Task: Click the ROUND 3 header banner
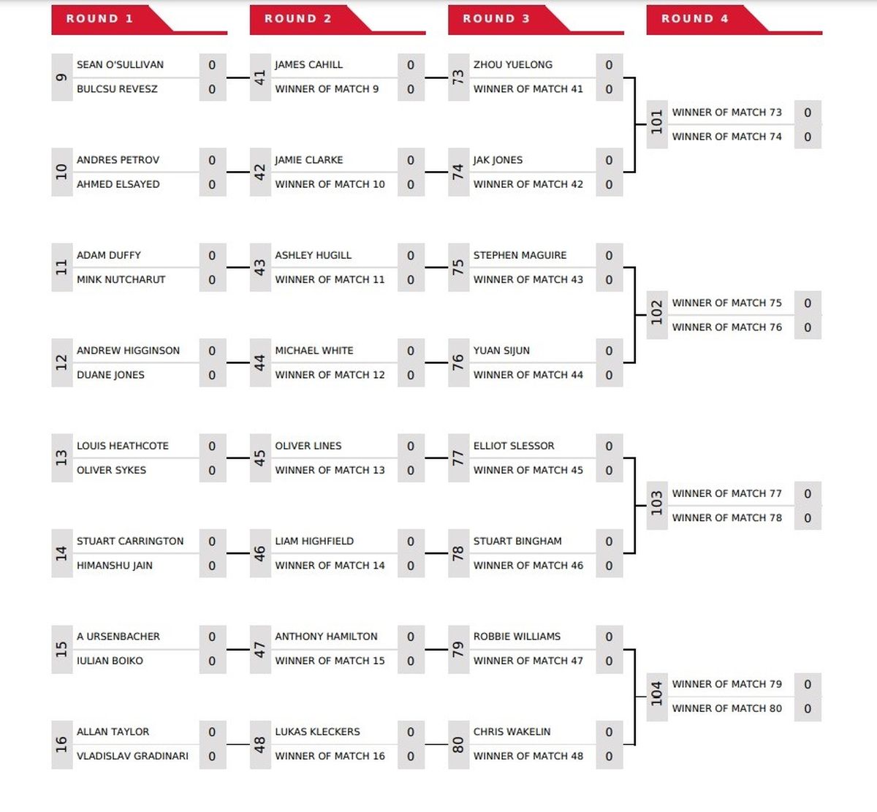pyautogui.click(x=536, y=20)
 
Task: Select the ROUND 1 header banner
pyautogui.click(x=139, y=20)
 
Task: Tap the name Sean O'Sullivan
pyautogui.click(x=120, y=64)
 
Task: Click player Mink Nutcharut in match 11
pyautogui.click(x=121, y=279)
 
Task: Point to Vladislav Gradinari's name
pyautogui.click(x=132, y=756)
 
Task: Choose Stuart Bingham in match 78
pyautogui.click(x=517, y=541)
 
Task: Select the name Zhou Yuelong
pyautogui.click(x=513, y=64)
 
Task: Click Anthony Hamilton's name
pyautogui.click(x=327, y=636)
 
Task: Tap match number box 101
pyautogui.click(x=657, y=124)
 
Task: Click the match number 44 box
pyautogui.click(x=260, y=363)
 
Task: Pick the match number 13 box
pyautogui.click(x=62, y=458)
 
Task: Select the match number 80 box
pyautogui.click(x=459, y=745)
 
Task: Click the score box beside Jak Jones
pyautogui.click(x=610, y=160)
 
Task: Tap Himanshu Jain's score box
pyautogui.click(x=213, y=566)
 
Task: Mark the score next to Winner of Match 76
pyautogui.click(x=808, y=327)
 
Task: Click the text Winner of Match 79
pyautogui.click(x=727, y=684)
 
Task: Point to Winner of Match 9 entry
pyautogui.click(x=327, y=88)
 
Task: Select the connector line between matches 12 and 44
pyautogui.click(x=238, y=363)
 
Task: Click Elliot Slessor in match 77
pyautogui.click(x=514, y=445)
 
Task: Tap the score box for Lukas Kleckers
pyautogui.click(x=411, y=732)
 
